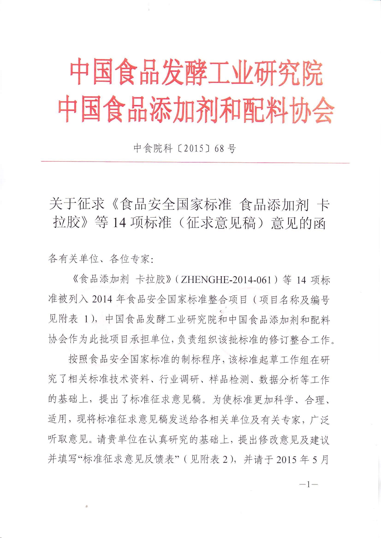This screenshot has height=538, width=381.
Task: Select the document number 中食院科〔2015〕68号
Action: point(185,148)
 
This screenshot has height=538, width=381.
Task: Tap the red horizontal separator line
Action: point(195,162)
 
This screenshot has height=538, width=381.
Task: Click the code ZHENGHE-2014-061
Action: point(226,280)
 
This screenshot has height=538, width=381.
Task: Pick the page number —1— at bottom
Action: point(308,485)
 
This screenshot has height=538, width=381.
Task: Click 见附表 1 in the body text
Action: point(68,320)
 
